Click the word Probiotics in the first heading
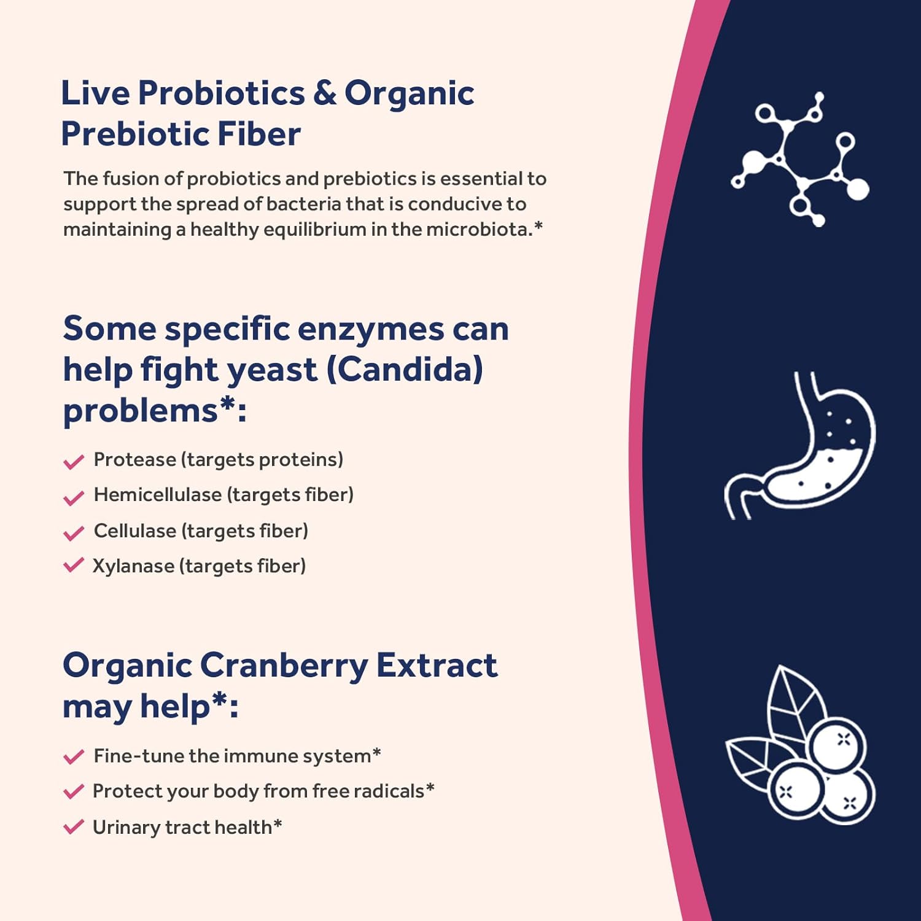click(221, 93)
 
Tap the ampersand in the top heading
click(325, 93)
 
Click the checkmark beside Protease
click(74, 461)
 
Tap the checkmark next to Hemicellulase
click(74, 497)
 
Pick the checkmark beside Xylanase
click(74, 565)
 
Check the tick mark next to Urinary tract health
click(74, 827)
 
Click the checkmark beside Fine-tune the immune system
click(74, 756)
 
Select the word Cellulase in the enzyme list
click(134, 530)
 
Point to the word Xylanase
click(133, 566)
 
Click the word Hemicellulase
click(157, 495)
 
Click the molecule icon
click(800, 159)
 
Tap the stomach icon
click(800, 445)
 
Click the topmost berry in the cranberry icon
click(836, 747)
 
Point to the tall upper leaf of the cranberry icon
click(797, 706)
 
